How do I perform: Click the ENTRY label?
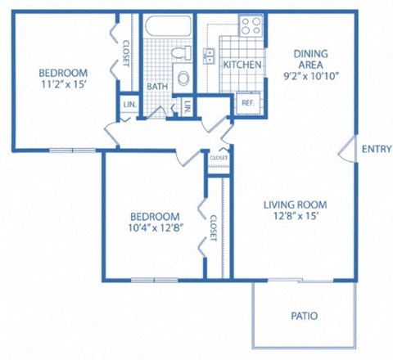[376, 148]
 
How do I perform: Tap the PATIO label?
[304, 316]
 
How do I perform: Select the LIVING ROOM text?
[295, 205]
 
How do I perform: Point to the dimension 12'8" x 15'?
[295, 217]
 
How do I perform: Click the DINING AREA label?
[310, 60]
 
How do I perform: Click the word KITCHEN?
[242, 65]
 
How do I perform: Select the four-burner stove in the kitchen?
[249, 25]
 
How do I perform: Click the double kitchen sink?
[210, 56]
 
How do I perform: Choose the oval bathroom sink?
[183, 79]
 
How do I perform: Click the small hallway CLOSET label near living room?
[219, 158]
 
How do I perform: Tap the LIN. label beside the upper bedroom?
[129, 105]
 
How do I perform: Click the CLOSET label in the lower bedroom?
[213, 228]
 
